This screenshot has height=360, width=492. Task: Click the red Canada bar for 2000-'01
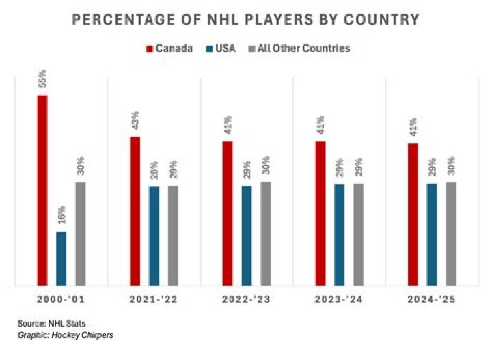pyautogui.click(x=42, y=190)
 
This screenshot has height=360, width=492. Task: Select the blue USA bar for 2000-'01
pyautogui.click(x=61, y=258)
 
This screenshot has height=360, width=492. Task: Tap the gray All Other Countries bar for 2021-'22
pyautogui.click(x=173, y=235)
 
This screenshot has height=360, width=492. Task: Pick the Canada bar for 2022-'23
pyautogui.click(x=228, y=213)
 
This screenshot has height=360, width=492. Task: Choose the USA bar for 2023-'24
pyautogui.click(x=339, y=234)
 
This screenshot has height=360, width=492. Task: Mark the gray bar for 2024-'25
pyautogui.click(x=451, y=233)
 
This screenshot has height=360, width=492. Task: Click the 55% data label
pyautogui.click(x=42, y=81)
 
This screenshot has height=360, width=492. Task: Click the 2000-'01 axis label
pyautogui.click(x=61, y=300)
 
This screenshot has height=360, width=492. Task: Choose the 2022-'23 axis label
pyautogui.click(x=246, y=300)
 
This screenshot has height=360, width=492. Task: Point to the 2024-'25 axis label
pyautogui.click(x=431, y=300)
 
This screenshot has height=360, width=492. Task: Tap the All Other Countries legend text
pyautogui.click(x=313, y=49)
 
